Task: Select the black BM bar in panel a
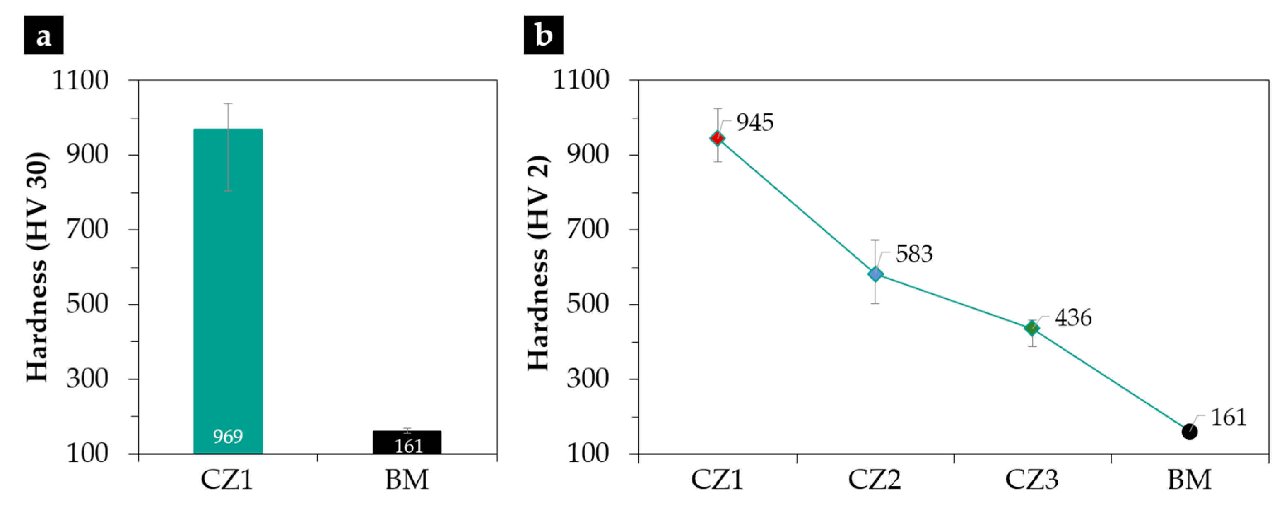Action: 407,441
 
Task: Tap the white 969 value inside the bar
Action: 228,437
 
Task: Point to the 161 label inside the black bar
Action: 408,447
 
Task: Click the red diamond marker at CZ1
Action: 717,138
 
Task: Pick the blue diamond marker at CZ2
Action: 875,274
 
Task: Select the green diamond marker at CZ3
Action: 1032,328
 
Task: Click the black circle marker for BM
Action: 1189,432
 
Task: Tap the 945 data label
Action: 754,122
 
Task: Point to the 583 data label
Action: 913,254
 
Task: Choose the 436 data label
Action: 1073,318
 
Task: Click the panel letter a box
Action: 43,35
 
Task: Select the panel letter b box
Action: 543,35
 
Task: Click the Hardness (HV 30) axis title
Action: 38,268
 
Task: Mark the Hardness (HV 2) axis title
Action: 538,263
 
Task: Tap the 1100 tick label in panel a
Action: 80,80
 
